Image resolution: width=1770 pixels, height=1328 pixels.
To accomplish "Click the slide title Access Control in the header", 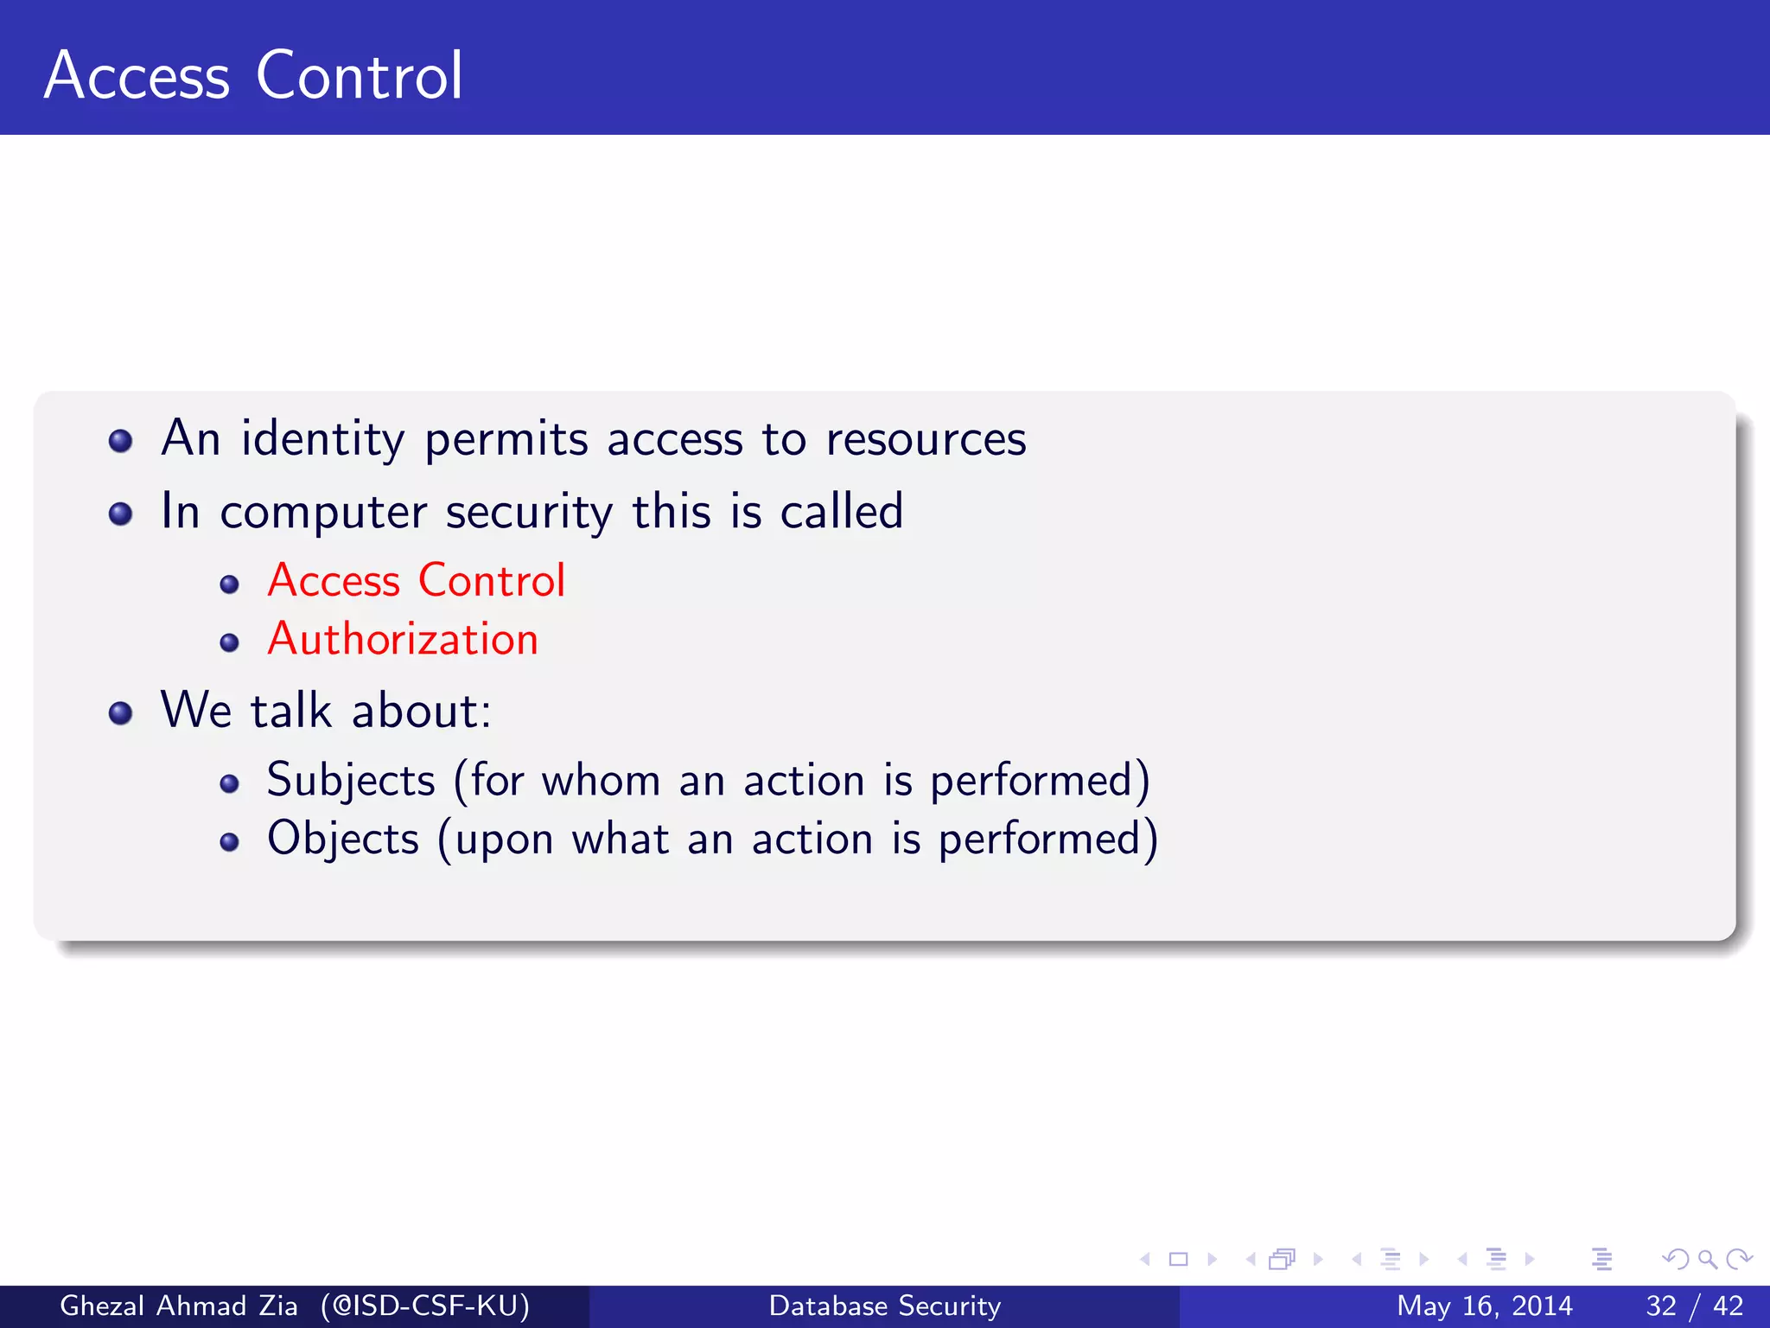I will click(x=253, y=76).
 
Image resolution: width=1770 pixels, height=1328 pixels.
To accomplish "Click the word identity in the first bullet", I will click(x=322, y=439).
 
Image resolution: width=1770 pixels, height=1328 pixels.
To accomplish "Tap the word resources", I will click(x=926, y=439).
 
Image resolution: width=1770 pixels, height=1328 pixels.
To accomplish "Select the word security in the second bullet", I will click(x=529, y=512).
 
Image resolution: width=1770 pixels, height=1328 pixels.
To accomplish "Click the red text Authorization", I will click(x=403, y=640).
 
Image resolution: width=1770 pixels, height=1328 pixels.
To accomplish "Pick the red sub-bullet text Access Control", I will click(x=416, y=580).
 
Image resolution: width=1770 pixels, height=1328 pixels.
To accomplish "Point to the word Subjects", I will click(x=351, y=781).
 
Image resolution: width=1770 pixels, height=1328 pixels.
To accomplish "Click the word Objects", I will click(x=343, y=840).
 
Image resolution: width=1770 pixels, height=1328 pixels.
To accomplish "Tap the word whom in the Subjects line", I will click(x=601, y=781).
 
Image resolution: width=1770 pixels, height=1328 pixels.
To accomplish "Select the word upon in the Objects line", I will click(x=504, y=840).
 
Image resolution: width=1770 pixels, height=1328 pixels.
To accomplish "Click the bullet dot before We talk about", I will click(x=121, y=713).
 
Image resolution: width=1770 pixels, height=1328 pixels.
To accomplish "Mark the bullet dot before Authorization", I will click(x=229, y=642).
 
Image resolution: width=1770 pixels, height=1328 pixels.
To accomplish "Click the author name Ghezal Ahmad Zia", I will click(x=178, y=1306).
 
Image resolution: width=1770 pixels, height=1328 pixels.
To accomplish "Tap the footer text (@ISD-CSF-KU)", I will click(x=424, y=1306).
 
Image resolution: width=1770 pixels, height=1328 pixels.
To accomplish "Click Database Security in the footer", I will click(x=884, y=1306).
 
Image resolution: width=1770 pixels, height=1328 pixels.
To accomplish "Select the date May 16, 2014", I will click(x=1484, y=1306).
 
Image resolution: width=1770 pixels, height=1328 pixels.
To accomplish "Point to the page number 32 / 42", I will click(x=1694, y=1306).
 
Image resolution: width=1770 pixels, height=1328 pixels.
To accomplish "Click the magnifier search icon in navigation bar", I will click(x=1707, y=1259).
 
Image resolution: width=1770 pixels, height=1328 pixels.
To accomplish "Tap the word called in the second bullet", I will click(x=842, y=512).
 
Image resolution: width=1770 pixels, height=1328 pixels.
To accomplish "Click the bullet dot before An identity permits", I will click(x=121, y=442).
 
